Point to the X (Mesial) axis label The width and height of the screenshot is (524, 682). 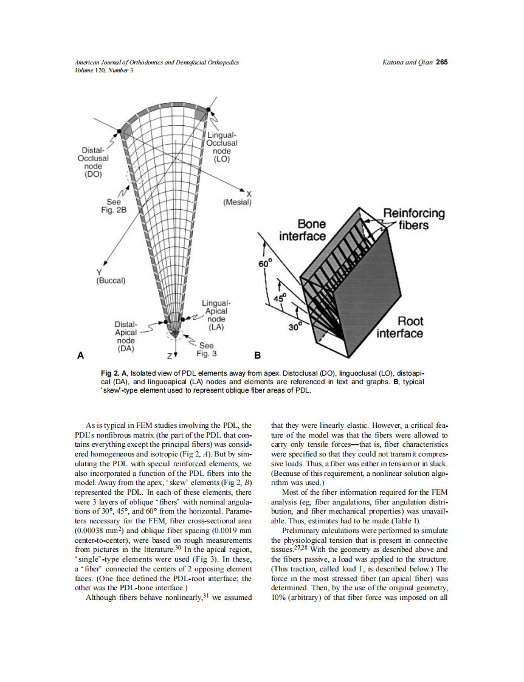237,198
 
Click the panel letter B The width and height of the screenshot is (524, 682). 257,355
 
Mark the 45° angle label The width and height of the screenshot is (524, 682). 280,299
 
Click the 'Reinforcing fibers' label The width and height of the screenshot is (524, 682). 413,219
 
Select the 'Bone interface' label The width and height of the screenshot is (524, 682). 303,230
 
